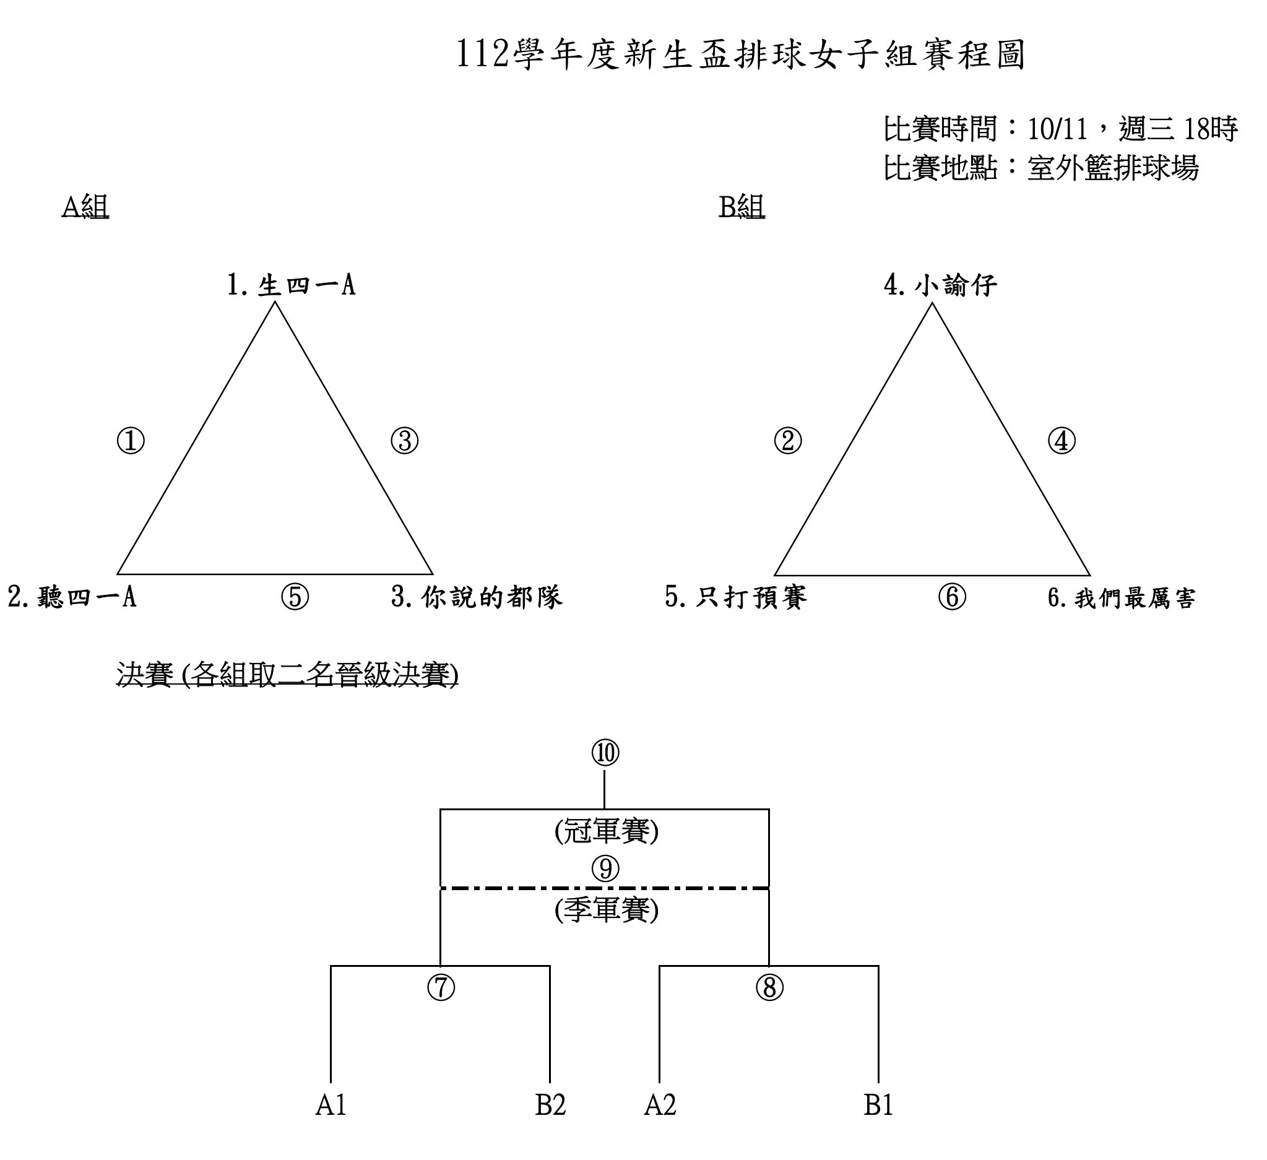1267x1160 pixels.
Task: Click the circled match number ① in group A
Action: pyautogui.click(x=131, y=441)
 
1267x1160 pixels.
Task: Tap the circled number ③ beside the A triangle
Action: pyautogui.click(x=405, y=441)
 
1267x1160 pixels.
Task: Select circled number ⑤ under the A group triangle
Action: pyautogui.click(x=295, y=597)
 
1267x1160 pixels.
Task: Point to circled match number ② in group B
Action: pyautogui.click(x=788, y=441)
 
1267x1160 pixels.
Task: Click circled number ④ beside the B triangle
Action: pyautogui.click(x=1062, y=441)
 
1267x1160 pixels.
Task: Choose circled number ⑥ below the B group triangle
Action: pyautogui.click(x=952, y=597)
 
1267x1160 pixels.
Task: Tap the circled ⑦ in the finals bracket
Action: pyautogui.click(x=441, y=988)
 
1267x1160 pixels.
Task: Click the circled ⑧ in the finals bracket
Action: pyautogui.click(x=769, y=988)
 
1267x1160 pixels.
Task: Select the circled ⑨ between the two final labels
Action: pyautogui.click(x=605, y=869)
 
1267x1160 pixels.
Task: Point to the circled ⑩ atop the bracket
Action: pyautogui.click(x=605, y=753)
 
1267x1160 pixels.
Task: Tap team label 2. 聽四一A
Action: pyautogui.click(x=72, y=597)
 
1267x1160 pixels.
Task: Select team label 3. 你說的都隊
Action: pyautogui.click(x=477, y=597)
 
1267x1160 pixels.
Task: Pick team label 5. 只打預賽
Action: pyautogui.click(x=736, y=597)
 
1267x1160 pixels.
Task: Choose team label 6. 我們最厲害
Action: pyautogui.click(x=1122, y=597)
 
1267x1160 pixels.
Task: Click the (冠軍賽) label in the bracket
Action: pyautogui.click(x=607, y=831)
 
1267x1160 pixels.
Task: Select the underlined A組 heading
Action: pyautogui.click(x=85, y=207)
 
